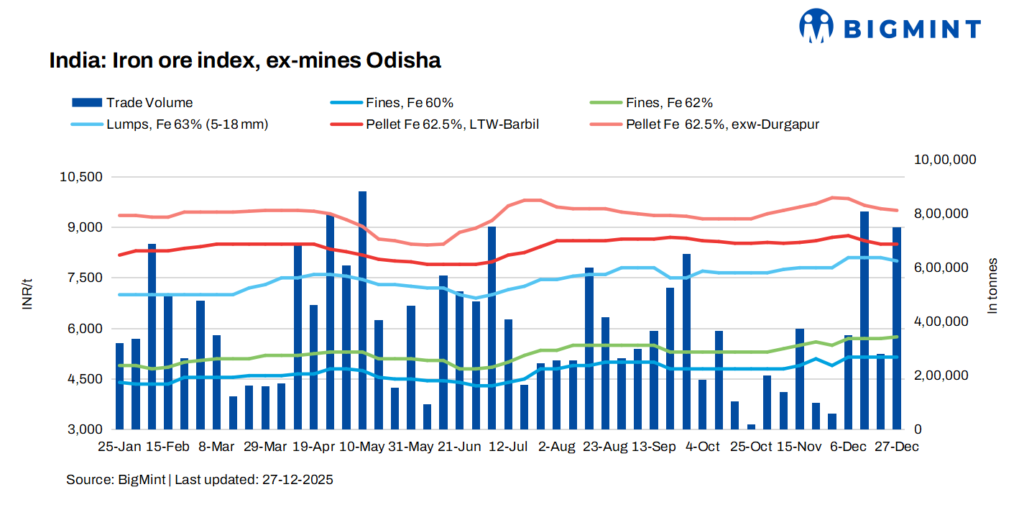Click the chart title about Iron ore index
pos(244,60)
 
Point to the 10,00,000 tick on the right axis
pos(944,159)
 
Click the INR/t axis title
pos(27,296)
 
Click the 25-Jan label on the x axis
pos(119,447)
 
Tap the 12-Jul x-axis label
pos(508,447)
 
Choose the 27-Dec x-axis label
pos(896,447)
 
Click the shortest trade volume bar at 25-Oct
pos(751,427)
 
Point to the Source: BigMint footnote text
pos(200,479)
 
